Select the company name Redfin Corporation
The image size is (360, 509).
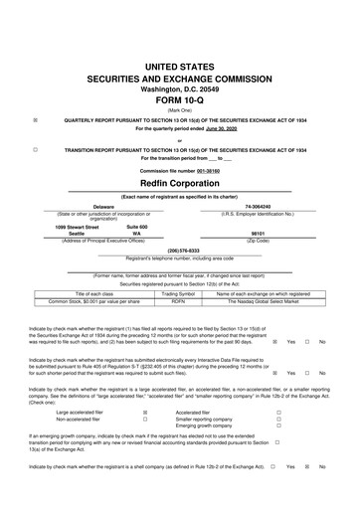pos(180,183)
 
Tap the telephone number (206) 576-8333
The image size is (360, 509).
pos(180,251)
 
